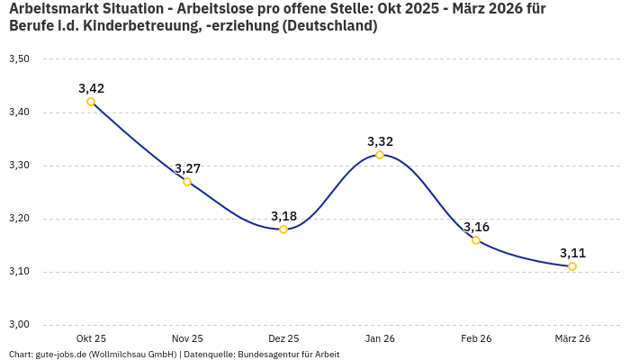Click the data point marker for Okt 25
click(91, 102)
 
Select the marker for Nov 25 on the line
click(187, 182)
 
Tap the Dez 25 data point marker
click(283, 229)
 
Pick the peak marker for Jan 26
click(380, 155)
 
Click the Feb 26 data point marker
click(476, 240)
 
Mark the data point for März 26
click(572, 266)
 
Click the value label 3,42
click(91, 88)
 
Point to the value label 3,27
click(187, 168)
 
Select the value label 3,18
click(283, 216)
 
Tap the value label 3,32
click(380, 141)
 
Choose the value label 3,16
click(476, 227)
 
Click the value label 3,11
click(572, 253)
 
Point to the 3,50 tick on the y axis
click(19, 59)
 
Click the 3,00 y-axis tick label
click(19, 325)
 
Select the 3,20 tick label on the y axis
click(19, 219)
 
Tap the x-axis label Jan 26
click(380, 338)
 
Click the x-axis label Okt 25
click(91, 338)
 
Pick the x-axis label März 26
click(572, 338)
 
